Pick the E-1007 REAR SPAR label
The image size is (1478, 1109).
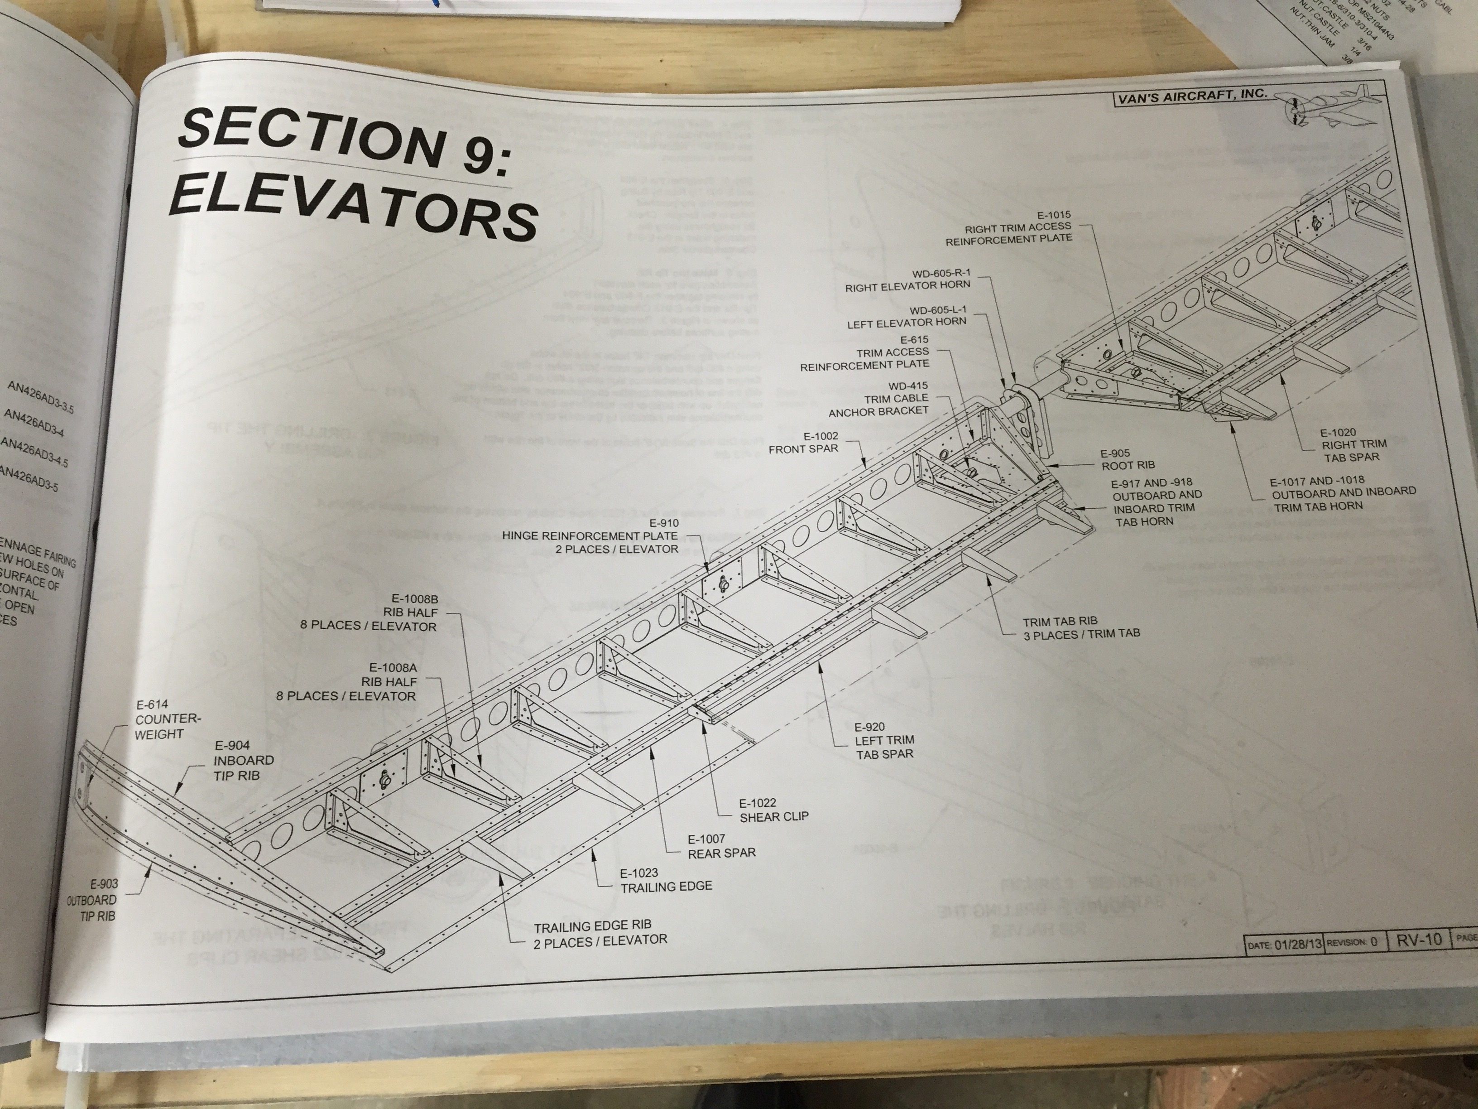[721, 846]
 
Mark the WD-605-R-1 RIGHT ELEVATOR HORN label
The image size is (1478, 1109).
[907, 280]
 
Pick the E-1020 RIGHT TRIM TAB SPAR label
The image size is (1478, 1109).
[1353, 444]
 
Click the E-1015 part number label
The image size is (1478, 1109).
[1054, 215]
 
